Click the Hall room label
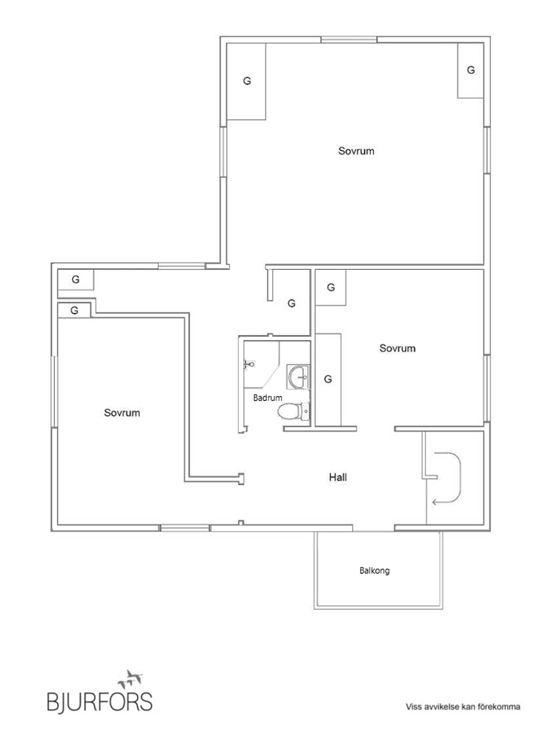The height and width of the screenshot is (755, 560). tap(338, 477)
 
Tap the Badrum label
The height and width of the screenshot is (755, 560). tap(267, 398)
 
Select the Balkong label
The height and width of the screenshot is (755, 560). tap(374, 570)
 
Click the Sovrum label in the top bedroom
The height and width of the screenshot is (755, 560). tap(356, 151)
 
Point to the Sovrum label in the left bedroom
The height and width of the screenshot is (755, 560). tap(122, 413)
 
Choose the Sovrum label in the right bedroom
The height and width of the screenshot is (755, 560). tap(397, 348)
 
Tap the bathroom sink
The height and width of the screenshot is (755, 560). tap(299, 377)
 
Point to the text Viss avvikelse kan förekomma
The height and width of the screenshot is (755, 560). tap(463, 707)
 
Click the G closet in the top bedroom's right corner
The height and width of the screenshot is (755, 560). tap(471, 70)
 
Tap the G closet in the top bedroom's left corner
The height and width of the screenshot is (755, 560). tap(247, 81)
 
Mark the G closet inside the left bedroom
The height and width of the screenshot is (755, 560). tap(74, 311)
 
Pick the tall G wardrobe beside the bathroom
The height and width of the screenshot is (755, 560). tap(328, 379)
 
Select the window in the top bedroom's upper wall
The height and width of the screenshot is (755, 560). tap(348, 40)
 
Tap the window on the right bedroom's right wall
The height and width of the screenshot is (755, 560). tap(486, 389)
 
